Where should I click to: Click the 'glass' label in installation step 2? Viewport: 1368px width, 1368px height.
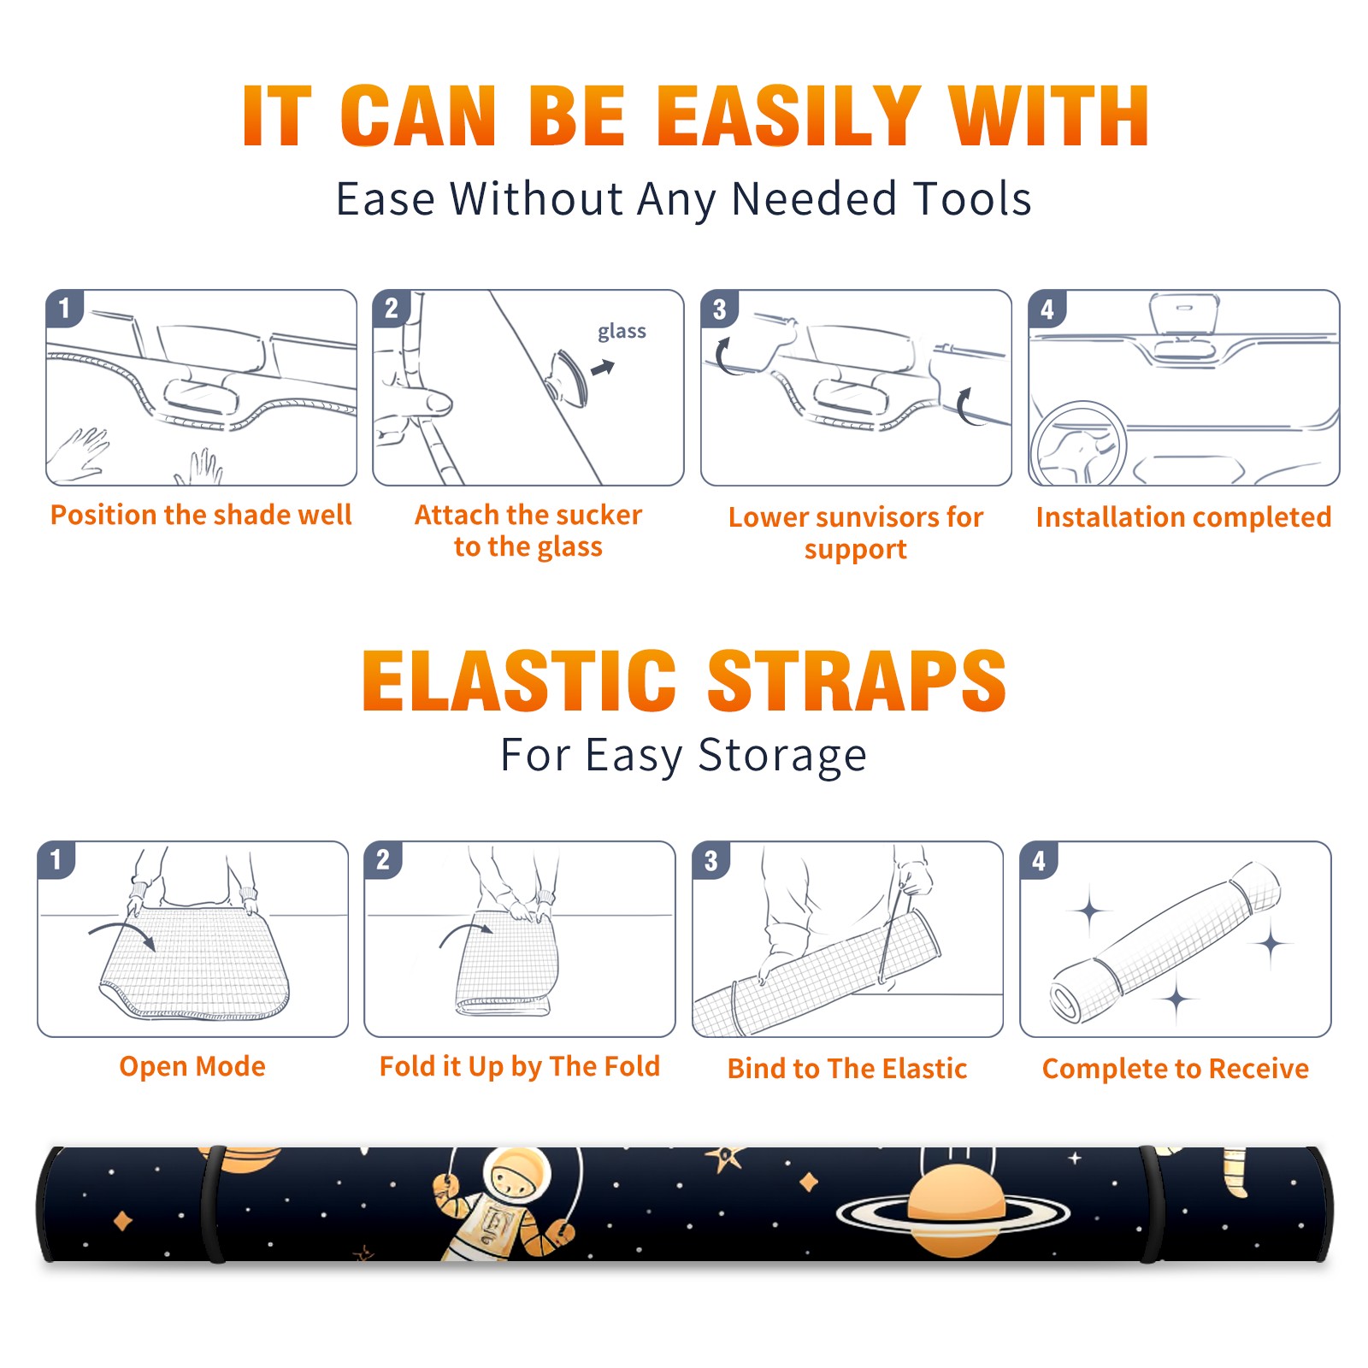click(x=622, y=332)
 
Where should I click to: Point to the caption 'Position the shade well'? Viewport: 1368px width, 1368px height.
click(x=201, y=515)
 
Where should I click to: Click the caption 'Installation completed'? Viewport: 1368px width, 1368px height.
click(x=1183, y=516)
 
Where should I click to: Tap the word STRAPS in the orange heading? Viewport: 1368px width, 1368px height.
click(x=857, y=681)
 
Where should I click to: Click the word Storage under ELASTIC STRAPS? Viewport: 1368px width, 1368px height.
click(x=782, y=756)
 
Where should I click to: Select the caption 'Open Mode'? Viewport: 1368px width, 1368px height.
click(x=192, y=1066)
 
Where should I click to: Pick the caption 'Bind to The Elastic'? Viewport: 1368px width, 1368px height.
click(x=847, y=1068)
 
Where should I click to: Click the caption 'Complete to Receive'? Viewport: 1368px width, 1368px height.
click(x=1176, y=1069)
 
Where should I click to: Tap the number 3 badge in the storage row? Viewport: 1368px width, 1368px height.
click(x=711, y=860)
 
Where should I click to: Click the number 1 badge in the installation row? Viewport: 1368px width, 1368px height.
click(x=65, y=308)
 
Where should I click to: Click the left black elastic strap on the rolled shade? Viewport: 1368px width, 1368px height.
click(x=212, y=1204)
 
